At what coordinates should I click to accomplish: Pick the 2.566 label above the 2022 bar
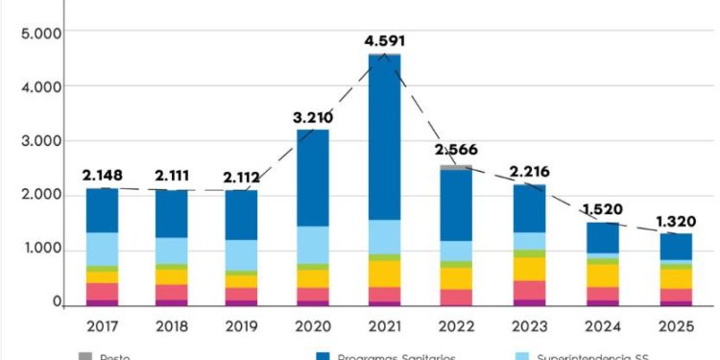coord(455,150)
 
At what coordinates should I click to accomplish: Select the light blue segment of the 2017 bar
coord(102,249)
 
